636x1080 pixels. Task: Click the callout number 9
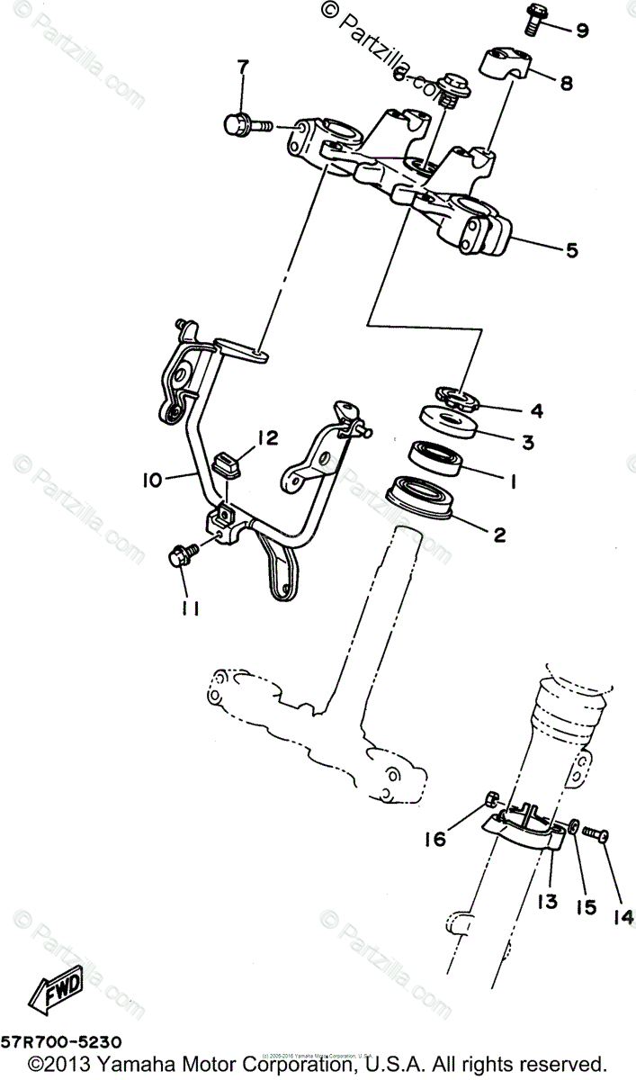(581, 31)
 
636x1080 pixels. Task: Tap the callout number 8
(566, 84)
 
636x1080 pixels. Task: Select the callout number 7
(241, 68)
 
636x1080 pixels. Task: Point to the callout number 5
(570, 250)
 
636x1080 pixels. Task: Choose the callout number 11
(189, 610)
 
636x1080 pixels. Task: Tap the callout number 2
(498, 535)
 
